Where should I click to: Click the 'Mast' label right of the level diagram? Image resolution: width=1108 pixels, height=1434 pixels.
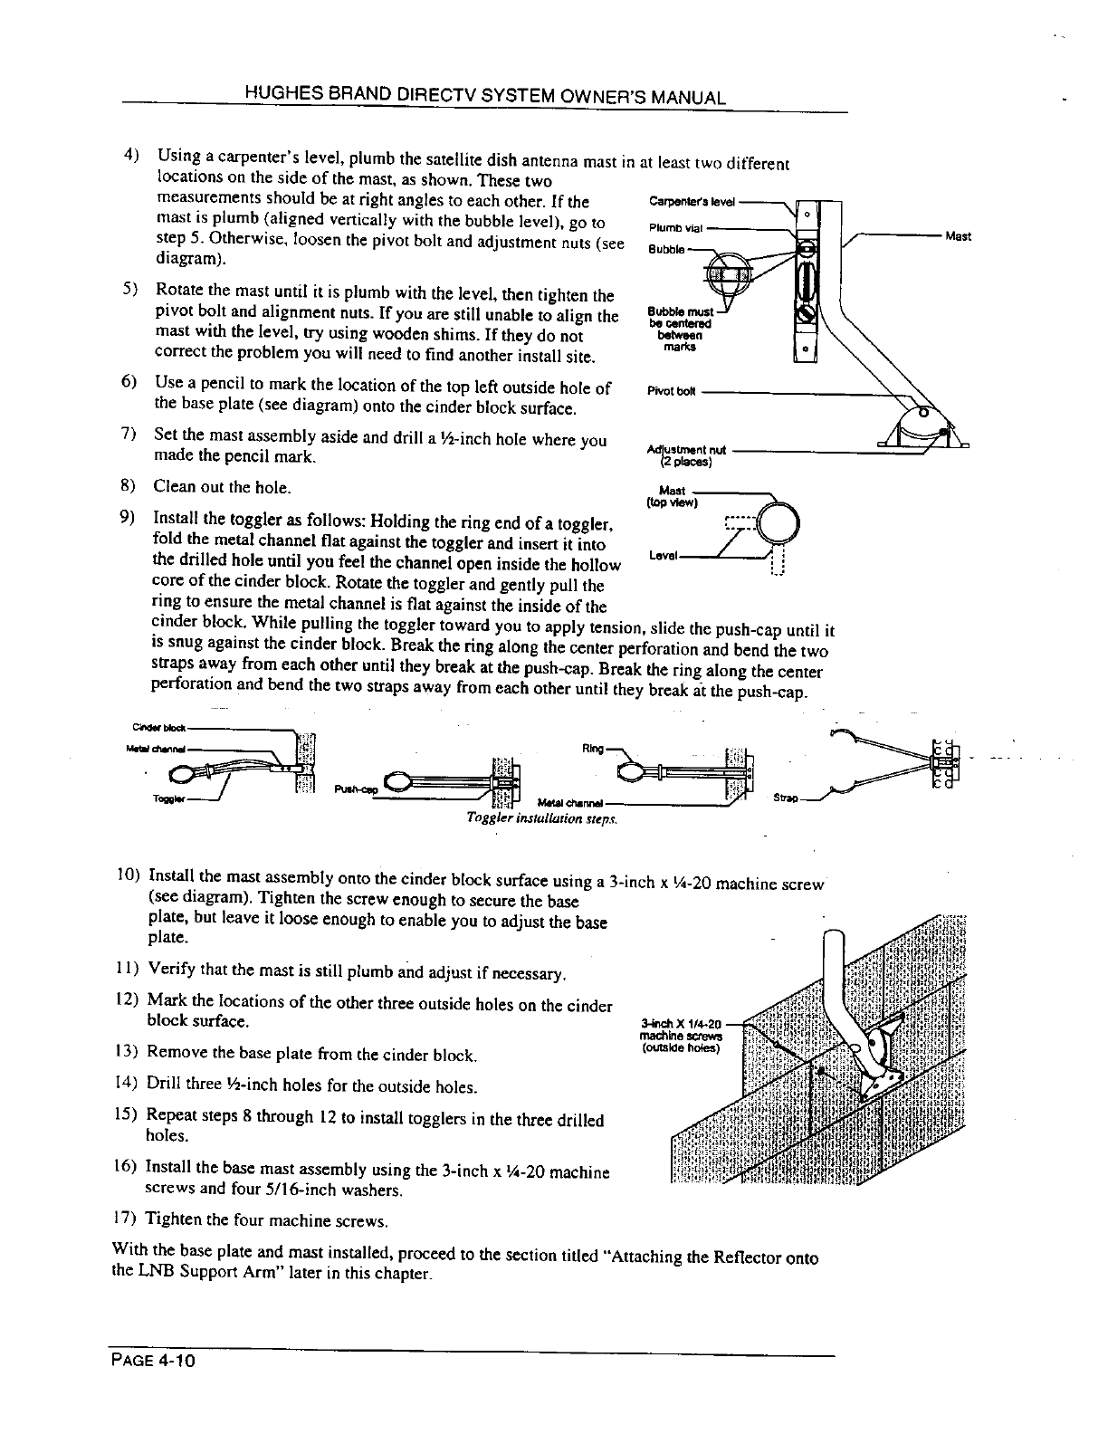(958, 236)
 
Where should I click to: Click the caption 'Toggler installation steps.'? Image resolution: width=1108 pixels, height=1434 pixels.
(541, 817)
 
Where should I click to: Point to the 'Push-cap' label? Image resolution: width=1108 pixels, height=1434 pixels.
(354, 789)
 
